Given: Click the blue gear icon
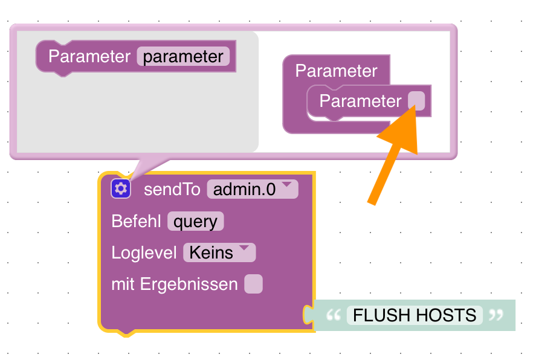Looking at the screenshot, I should tap(121, 189).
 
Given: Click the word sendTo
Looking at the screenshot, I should tap(172, 190).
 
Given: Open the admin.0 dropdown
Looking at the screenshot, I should tap(252, 190).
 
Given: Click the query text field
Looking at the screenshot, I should tap(195, 221).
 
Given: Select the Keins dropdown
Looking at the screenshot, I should tap(219, 252).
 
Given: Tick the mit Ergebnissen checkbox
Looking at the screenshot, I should tap(253, 284).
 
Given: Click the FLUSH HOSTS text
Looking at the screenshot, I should tap(415, 315).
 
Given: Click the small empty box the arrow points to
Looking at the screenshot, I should tap(416, 100).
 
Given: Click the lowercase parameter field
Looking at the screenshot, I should tap(183, 56).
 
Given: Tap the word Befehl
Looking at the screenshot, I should tap(136, 221).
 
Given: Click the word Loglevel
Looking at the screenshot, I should tap(144, 252).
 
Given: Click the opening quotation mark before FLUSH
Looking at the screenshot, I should tap(333, 315).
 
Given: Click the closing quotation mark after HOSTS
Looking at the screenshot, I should tap(495, 315).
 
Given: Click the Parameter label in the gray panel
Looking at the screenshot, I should tap(89, 56).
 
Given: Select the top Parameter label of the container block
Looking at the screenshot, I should tap(336, 71).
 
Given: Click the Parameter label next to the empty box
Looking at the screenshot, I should tap(360, 101).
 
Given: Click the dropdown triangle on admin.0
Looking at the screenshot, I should tap(287, 185).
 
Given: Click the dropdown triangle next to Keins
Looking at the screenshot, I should tap(244, 248).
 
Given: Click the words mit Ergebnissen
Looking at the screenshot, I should tap(175, 284).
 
